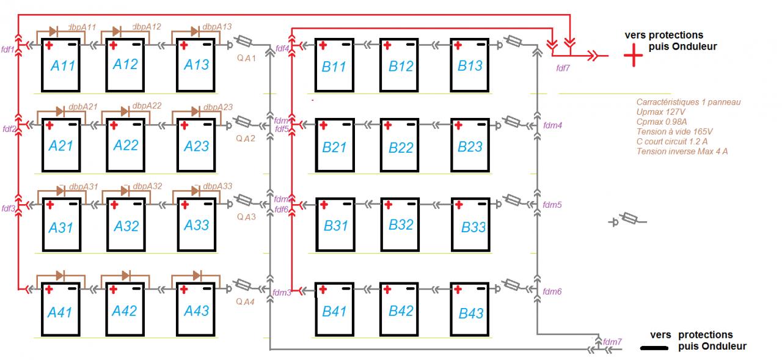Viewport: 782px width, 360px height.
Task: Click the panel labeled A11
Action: coord(61,64)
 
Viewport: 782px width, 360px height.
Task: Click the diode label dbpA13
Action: coord(217,26)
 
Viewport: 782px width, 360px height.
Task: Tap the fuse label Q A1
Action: coord(246,56)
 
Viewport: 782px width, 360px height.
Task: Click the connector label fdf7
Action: coord(563,68)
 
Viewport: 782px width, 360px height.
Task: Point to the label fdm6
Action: coord(552,292)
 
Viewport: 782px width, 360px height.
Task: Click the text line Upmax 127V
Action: coord(661,112)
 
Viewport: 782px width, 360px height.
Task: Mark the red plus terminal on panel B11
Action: coord(323,45)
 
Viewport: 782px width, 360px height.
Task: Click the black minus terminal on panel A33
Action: coord(211,204)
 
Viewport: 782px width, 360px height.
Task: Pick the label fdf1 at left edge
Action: coord(9,48)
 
